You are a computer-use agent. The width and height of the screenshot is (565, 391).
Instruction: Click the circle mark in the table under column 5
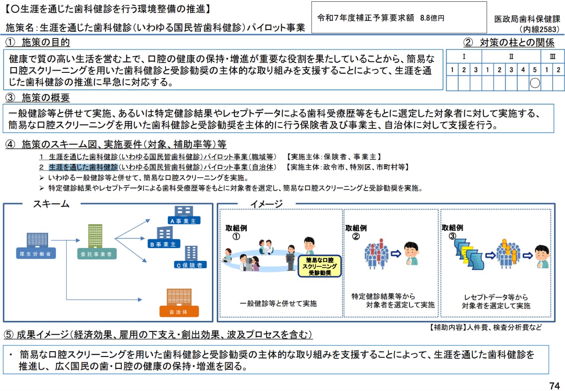[x=535, y=83]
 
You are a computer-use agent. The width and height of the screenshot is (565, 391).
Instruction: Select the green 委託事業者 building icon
[x=95, y=236]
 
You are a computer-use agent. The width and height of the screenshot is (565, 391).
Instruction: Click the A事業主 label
[x=182, y=221]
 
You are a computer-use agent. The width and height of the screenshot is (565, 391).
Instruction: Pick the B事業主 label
[x=162, y=244]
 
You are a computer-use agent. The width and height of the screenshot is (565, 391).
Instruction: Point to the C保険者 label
[x=190, y=265]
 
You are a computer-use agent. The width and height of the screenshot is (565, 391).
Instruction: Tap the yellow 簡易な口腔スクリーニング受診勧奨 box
[x=320, y=266]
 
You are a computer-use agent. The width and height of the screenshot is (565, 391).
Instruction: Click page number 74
[x=554, y=384]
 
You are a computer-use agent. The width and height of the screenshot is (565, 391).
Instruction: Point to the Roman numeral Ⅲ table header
[x=552, y=57]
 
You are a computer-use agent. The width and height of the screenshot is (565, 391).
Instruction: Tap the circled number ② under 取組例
[x=356, y=236]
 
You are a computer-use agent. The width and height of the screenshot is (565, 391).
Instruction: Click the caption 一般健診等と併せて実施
[x=278, y=304]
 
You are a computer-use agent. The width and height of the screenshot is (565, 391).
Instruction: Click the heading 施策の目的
[x=46, y=42]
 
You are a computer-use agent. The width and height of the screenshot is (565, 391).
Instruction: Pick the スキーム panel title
[x=51, y=204]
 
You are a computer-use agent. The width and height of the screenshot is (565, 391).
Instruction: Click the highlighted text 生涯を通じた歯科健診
[x=83, y=167]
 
